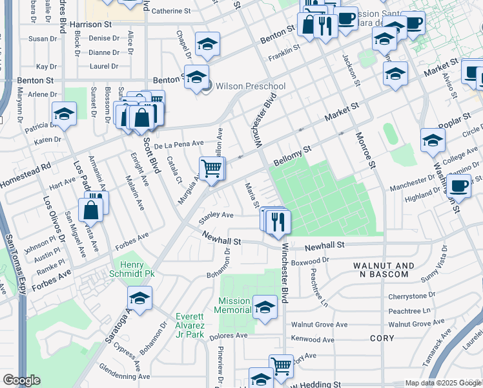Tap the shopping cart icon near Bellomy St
212,169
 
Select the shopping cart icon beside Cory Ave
281,367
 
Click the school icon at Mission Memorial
264,307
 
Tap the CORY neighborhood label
382,338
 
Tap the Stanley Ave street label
216,215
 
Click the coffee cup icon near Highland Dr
459,186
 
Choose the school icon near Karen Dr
65,115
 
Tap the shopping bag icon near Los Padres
91,210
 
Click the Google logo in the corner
21,380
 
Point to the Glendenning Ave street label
123,372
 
